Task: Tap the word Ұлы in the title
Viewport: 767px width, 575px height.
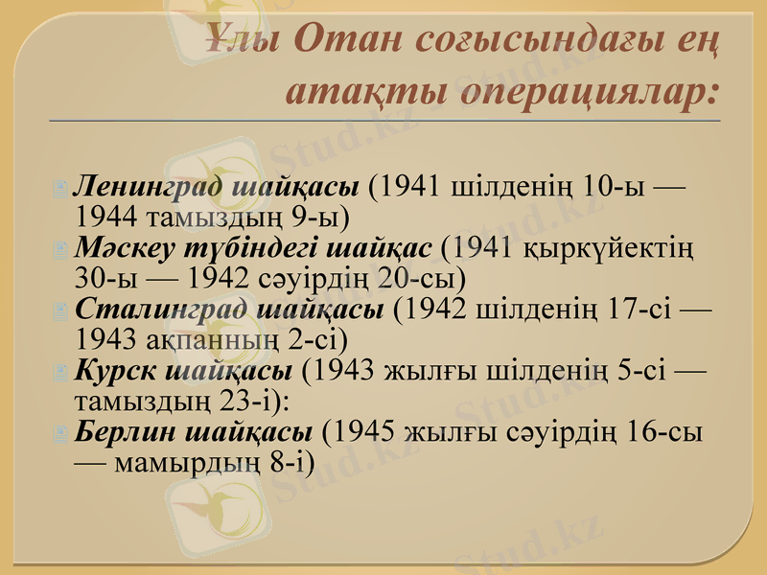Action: point(241,40)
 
